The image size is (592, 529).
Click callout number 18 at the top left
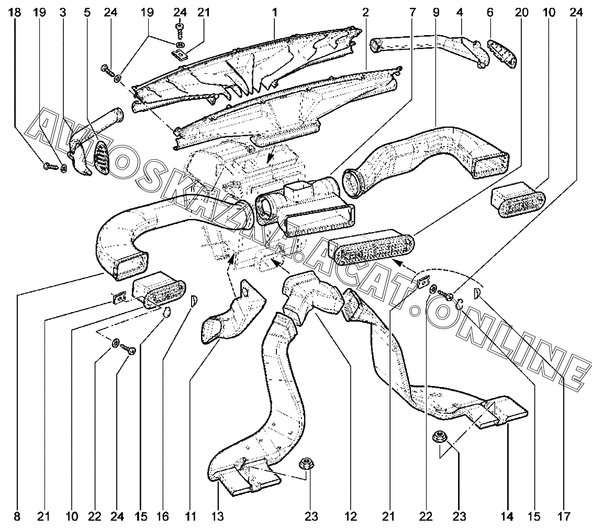click(15, 13)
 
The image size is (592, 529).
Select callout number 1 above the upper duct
click(275, 13)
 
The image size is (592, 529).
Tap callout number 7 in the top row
click(412, 13)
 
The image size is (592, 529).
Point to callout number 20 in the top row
click(521, 13)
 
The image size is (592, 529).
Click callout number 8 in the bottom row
click(17, 516)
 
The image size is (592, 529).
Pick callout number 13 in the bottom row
click(218, 516)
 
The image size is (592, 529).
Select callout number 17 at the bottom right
click(564, 516)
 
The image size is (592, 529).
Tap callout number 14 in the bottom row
click(507, 516)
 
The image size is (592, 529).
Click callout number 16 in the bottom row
click(163, 516)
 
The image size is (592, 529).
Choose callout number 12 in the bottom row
click(350, 516)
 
